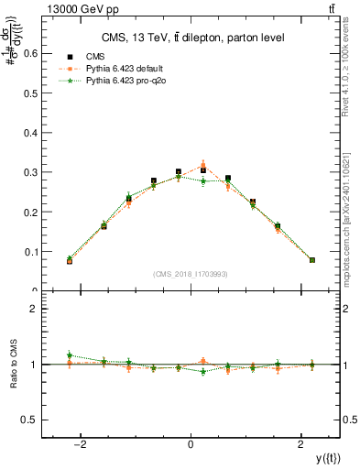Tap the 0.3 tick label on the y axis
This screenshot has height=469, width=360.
click(x=31, y=172)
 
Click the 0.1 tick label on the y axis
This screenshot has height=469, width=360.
click(x=31, y=252)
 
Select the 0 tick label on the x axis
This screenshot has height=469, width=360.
click(x=191, y=444)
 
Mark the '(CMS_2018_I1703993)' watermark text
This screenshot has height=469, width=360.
click(x=191, y=273)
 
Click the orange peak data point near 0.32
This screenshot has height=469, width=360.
click(x=203, y=166)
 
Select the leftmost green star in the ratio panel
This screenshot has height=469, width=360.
click(x=70, y=354)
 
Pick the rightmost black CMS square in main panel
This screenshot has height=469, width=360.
click(x=312, y=260)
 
